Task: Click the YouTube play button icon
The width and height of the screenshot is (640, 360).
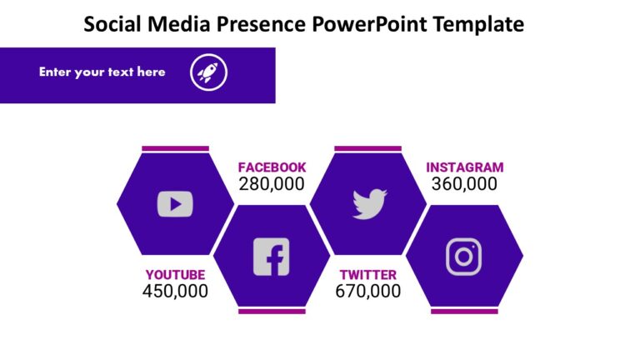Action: (175, 204)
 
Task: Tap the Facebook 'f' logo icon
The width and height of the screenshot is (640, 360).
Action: (271, 257)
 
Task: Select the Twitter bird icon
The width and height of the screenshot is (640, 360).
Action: (369, 203)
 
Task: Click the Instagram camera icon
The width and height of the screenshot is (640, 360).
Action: (464, 257)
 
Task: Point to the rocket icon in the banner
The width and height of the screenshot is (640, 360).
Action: (208, 72)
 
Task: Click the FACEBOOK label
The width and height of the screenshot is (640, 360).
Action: (272, 167)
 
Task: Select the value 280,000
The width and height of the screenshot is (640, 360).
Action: (272, 184)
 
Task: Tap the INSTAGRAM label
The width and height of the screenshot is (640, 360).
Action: (464, 167)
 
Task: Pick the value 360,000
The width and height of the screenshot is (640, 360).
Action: (464, 184)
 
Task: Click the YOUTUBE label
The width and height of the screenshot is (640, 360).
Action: (175, 275)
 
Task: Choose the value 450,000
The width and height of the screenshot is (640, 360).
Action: (175, 292)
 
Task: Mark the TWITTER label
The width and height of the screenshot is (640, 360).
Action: (367, 275)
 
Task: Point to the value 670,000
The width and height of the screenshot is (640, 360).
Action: (367, 292)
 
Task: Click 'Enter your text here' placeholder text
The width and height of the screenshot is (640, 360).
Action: (102, 72)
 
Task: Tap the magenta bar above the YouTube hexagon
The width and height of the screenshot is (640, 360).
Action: (175, 149)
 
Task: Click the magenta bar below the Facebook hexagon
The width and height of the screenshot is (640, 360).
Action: (272, 312)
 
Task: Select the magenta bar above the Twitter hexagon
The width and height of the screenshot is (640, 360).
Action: (367, 149)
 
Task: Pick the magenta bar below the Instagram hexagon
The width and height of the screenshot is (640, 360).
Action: (464, 312)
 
